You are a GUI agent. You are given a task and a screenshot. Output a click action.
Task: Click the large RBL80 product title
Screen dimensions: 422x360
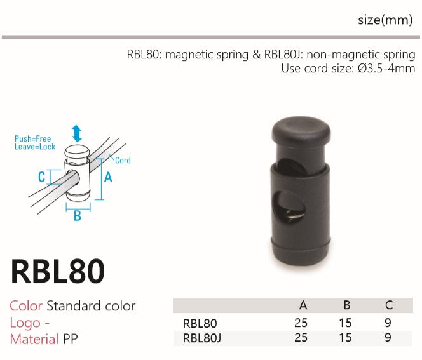[58, 271]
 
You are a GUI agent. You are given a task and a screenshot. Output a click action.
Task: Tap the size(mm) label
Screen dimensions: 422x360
[385, 20]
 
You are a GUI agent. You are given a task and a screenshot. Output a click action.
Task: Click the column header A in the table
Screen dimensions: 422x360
[303, 305]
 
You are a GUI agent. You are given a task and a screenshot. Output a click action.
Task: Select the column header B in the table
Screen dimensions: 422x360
[347, 305]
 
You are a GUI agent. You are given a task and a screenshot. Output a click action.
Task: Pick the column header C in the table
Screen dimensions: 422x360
[388, 305]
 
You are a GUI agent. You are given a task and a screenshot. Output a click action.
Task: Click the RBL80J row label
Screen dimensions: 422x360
[202, 338]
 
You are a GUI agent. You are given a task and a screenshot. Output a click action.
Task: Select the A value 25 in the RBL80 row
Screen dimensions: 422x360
[301, 323]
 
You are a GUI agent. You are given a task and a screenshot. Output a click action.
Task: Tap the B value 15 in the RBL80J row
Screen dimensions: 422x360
[345, 337]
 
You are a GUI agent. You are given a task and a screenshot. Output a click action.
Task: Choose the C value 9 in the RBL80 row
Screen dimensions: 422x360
[388, 323]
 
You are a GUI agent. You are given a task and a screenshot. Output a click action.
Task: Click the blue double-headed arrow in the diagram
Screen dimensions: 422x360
[77, 133]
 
